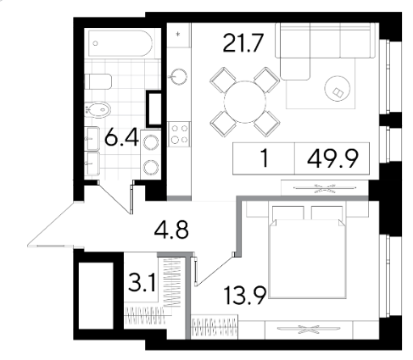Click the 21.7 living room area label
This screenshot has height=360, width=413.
point(243,43)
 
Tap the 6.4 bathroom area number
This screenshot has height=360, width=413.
point(122,138)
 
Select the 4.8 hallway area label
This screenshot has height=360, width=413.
point(171,230)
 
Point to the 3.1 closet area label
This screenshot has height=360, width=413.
point(142,283)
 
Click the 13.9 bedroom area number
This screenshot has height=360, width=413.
point(245,296)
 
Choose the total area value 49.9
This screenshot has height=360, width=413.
point(332,158)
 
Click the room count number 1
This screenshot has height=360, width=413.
point(265,158)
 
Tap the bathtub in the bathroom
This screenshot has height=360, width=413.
point(121,43)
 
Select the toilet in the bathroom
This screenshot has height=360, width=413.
point(98,81)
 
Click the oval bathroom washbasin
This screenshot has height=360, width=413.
point(98,110)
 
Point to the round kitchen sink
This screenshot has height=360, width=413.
point(178,76)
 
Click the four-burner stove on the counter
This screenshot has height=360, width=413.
point(179,134)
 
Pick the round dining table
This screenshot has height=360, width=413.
point(245,102)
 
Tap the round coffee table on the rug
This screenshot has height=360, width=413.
point(338,88)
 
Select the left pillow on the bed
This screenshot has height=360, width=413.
point(288,213)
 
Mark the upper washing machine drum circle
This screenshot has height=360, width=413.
point(150,142)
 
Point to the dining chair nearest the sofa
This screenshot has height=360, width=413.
point(266,80)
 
